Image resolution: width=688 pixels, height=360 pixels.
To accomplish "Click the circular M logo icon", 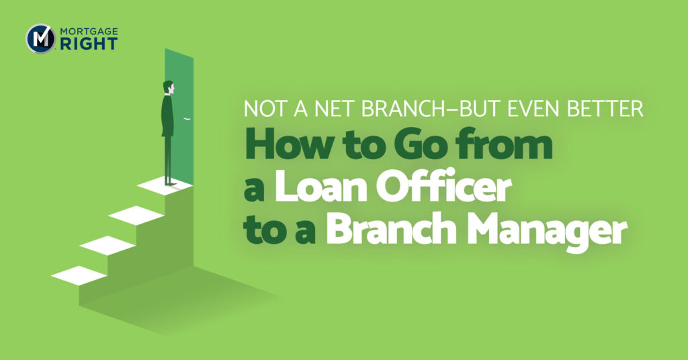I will (40, 38).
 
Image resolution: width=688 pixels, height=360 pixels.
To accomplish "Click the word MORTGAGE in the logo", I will (87, 32).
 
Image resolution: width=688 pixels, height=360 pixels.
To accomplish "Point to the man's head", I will (169, 87).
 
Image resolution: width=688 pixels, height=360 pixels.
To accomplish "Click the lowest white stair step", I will (79, 275).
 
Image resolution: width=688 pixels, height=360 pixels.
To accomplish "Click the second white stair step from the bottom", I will (107, 245).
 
